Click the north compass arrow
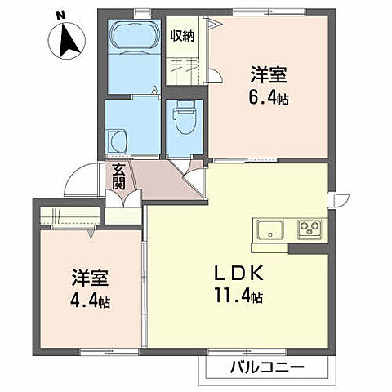tap(66, 40)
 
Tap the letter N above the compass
tap(61, 14)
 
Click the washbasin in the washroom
tap(119, 140)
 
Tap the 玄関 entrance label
tap(120, 176)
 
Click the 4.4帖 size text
tap(89, 301)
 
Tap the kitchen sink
tap(269, 229)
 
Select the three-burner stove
tap(310, 228)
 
